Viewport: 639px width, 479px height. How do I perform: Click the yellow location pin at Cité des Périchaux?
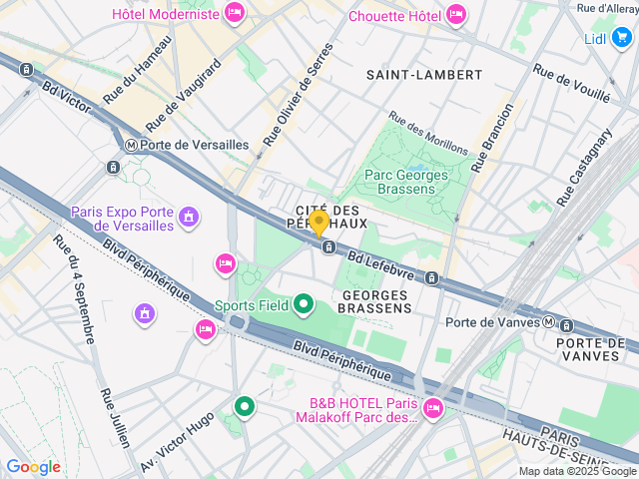point(319,223)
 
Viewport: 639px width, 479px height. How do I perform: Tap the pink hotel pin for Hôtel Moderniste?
point(234,13)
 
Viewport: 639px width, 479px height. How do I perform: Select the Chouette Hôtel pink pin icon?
point(456,14)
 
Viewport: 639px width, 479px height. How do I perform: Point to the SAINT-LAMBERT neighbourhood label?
point(423,75)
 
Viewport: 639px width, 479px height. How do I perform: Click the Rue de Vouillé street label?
point(571,84)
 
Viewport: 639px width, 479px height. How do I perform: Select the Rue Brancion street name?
point(493,137)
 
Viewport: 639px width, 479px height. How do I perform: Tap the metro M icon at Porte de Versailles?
point(130,145)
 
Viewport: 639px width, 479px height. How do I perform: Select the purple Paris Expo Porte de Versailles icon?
point(189,217)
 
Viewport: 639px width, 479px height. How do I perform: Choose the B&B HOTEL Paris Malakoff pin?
point(432,406)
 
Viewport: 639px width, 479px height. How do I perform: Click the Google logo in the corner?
point(33,466)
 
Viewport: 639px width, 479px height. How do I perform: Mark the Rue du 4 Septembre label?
point(75,288)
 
